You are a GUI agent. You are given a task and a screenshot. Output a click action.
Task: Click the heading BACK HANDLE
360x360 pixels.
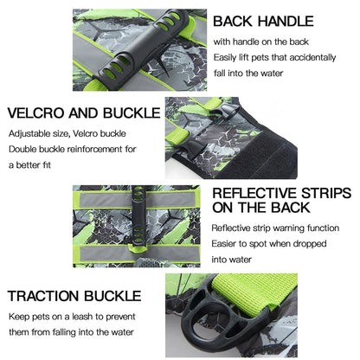[263, 22]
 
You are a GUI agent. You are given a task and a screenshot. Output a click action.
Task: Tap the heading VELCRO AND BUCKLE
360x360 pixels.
[84, 112]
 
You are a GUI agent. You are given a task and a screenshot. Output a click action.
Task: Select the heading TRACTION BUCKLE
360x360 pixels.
[74, 296]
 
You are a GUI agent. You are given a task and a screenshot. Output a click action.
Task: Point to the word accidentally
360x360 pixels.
[312, 57]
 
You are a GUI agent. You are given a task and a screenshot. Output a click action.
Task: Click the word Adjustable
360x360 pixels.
[25, 133]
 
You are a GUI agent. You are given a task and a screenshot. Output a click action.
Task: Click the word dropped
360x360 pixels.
[310, 244]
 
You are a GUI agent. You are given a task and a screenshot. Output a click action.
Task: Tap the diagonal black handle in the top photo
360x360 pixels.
[145, 49]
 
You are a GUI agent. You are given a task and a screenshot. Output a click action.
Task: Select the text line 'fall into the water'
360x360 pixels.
[248, 74]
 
